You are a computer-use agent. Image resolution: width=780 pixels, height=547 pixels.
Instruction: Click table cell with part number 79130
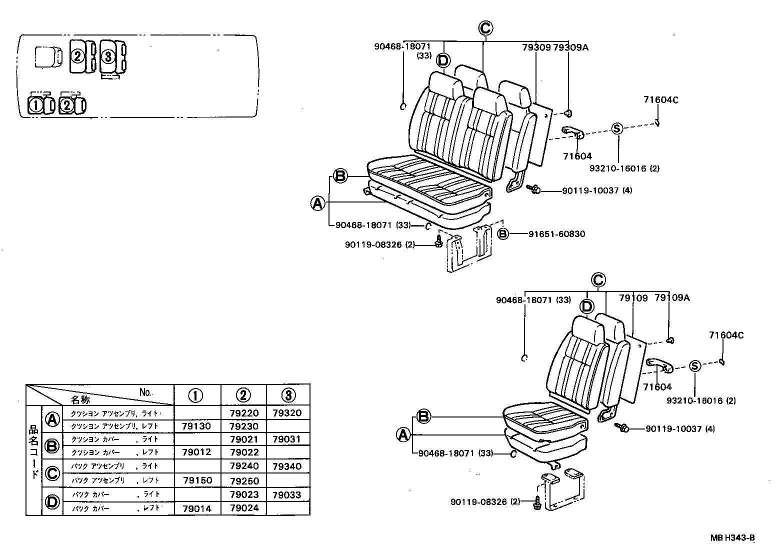197,426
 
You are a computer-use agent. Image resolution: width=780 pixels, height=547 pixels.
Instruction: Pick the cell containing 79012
197,452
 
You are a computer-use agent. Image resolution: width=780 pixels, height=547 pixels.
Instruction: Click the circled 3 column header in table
288,395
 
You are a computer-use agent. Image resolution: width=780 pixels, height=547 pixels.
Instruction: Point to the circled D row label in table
52,501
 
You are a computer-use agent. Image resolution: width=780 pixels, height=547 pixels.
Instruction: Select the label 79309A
570,47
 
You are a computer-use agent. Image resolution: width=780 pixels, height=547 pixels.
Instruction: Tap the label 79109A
672,298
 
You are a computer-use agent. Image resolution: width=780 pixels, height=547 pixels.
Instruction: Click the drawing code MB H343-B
732,538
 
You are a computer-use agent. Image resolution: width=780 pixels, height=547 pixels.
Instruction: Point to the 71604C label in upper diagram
660,99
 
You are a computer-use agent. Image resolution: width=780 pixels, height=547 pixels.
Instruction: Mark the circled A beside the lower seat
403,435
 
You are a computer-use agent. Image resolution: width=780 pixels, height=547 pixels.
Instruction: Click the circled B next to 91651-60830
502,233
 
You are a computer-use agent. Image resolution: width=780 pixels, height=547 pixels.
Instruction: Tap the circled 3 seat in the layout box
108,56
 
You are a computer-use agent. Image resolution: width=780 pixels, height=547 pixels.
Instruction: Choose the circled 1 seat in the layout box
36,105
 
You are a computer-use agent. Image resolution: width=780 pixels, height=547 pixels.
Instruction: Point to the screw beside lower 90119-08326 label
537,502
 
